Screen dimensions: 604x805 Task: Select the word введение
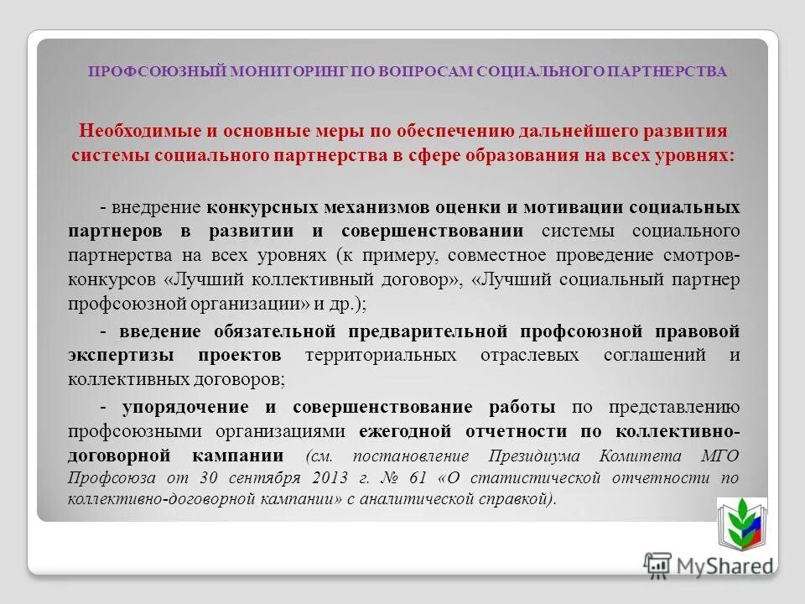[x=155, y=329]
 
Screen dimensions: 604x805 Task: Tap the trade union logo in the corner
[x=740, y=523]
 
